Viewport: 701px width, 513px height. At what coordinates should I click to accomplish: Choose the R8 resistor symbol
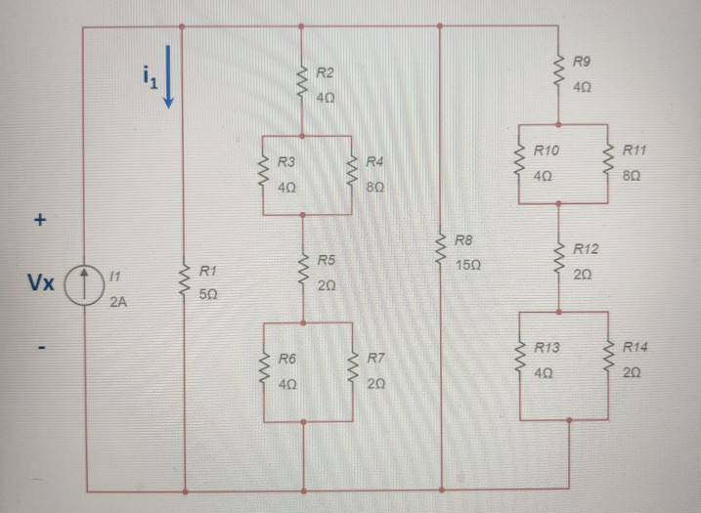tap(441, 250)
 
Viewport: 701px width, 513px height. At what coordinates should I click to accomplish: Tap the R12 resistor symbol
tap(558, 260)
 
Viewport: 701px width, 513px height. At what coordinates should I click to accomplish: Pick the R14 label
tap(635, 347)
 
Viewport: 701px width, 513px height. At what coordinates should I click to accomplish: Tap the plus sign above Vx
tap(40, 221)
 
